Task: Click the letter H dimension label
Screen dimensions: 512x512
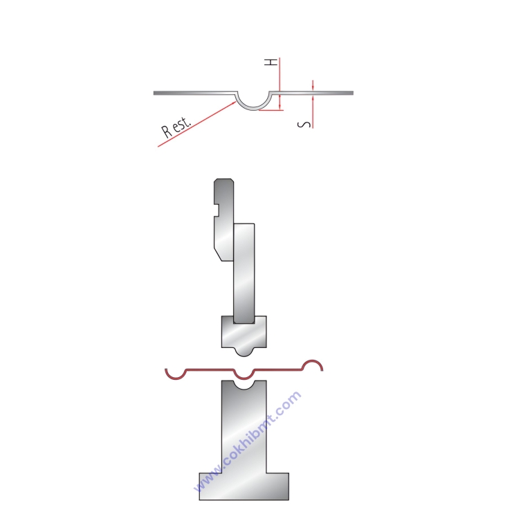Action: [x=271, y=62]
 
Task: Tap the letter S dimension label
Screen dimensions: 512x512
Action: [x=304, y=125]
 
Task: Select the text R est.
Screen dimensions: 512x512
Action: [x=176, y=127]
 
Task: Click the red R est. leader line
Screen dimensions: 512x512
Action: [x=197, y=124]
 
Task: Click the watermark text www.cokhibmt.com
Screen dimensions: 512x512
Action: [x=247, y=441]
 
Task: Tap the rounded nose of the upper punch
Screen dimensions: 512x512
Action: [x=244, y=352]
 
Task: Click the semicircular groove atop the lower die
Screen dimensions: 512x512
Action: [x=244, y=386]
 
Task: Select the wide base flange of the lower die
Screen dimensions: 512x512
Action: [x=244, y=486]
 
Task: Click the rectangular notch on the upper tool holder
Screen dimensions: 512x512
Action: [x=216, y=210]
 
